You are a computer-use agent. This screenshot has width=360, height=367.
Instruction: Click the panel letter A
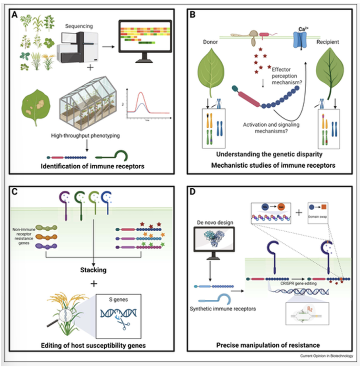pos(15,15)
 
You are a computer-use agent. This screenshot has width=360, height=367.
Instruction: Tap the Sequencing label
pos(79,26)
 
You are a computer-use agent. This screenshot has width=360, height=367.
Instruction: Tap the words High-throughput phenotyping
pos(85,135)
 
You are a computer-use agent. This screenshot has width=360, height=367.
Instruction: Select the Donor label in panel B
pos(210,42)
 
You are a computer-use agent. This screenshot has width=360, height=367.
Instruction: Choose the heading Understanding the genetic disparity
pos(269,154)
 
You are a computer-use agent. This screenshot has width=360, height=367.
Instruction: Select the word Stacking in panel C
pos(93,270)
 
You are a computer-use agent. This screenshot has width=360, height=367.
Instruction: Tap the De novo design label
pos(215,223)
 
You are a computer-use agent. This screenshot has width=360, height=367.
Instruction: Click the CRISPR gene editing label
pos(298,283)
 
